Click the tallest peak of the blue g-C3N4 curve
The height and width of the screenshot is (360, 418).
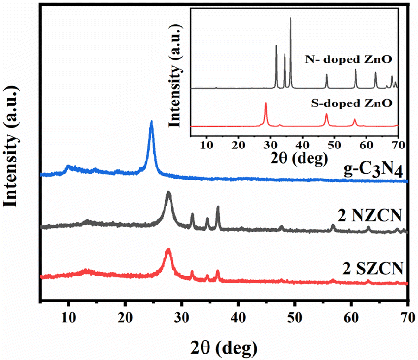pyautogui.click(x=151, y=122)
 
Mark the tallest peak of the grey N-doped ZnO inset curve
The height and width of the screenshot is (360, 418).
pyautogui.click(x=291, y=19)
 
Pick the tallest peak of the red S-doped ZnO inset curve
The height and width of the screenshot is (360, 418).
pyautogui.click(x=266, y=103)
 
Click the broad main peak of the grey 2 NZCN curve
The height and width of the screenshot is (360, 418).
pyautogui.click(x=169, y=193)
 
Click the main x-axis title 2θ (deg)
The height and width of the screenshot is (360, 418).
pyautogui.click(x=224, y=346)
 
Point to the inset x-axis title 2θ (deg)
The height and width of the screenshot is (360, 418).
pyautogui.click(x=295, y=159)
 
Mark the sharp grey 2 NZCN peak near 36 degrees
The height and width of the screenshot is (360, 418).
pyautogui.click(x=218, y=207)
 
